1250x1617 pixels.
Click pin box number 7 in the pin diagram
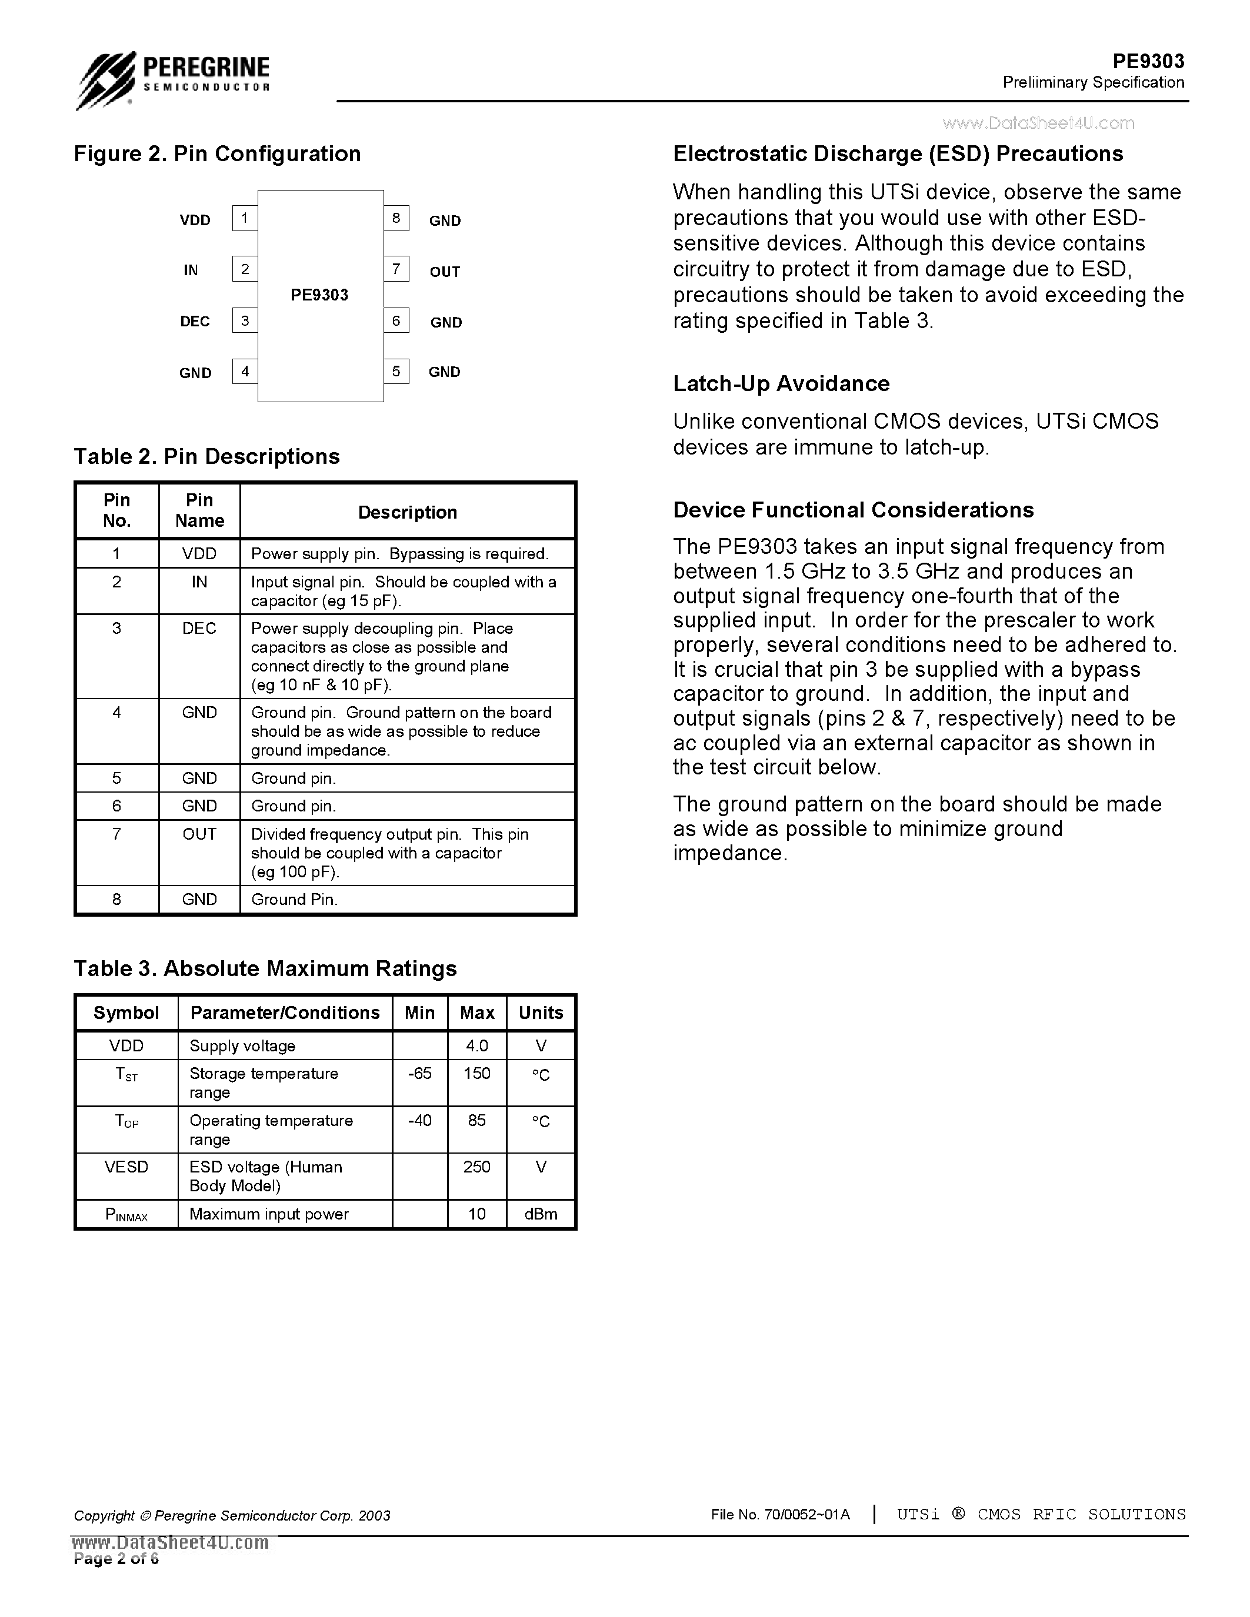396,269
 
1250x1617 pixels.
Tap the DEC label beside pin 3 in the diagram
195,321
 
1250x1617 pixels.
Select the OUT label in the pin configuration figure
444,272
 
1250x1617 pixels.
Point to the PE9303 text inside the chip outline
319,295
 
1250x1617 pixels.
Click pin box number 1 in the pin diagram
244,218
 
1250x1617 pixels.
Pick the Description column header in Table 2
407,512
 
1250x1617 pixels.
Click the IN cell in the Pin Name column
199,583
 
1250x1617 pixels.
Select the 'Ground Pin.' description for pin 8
294,900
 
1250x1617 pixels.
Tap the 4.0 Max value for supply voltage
477,1046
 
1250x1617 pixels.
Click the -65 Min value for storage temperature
419,1074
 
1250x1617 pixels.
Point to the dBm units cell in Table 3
541,1214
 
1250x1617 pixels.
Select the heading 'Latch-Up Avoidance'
781,383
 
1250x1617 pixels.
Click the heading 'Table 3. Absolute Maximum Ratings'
265,968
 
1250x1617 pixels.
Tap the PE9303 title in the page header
1148,61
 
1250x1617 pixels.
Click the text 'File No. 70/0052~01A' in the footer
780,1515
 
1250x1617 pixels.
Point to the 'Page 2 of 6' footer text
116,1559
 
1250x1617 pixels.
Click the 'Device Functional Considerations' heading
853,510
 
